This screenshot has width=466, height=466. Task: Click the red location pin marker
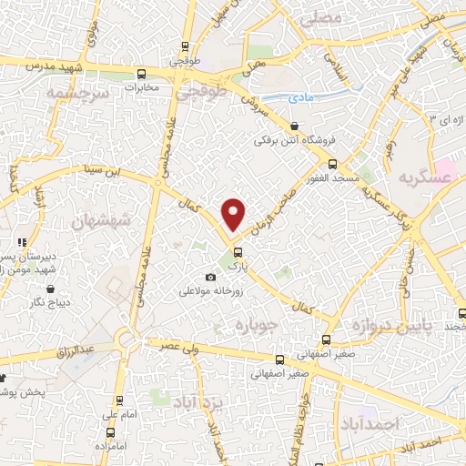(235, 214)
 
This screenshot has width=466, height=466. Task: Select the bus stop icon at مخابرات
(140, 74)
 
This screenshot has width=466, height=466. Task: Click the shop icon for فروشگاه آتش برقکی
(293, 127)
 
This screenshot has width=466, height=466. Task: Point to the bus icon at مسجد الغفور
(331, 165)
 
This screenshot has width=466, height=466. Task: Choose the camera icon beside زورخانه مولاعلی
(211, 277)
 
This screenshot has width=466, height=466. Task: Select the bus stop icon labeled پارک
(238, 252)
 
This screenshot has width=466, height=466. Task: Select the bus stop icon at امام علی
(120, 400)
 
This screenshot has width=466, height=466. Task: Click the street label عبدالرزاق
(76, 349)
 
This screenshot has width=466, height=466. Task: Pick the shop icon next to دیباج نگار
(36, 301)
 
